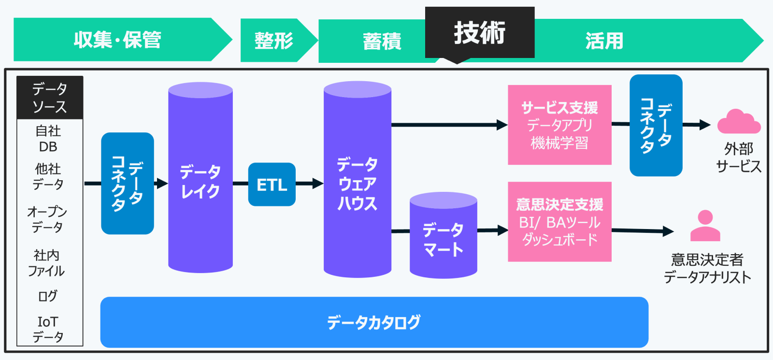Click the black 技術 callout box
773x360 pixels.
coord(480,32)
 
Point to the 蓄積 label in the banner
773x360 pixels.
coord(382,42)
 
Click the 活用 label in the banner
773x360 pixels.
coord(604,41)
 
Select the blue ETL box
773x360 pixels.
coord(272,185)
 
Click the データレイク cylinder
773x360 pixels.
coord(200,177)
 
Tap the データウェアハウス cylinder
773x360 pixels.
coord(358,179)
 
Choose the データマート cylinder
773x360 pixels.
coord(444,235)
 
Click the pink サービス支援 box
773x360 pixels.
coord(560,125)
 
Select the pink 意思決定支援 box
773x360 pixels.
coord(560,222)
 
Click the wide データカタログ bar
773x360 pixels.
coord(374,322)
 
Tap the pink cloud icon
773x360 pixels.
coord(739,121)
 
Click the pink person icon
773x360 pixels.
coord(705,226)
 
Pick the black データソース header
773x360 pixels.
coord(50,98)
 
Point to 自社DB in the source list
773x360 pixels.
coord(48,139)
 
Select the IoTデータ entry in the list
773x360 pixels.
coord(48,329)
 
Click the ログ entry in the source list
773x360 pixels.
coord(48,296)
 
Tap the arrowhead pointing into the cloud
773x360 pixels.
coord(705,125)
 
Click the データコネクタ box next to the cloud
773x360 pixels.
coord(656,125)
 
